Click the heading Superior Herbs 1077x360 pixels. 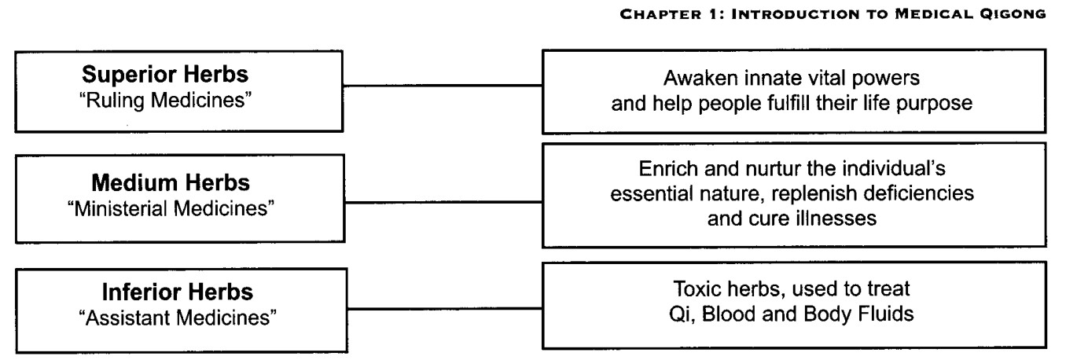pos(165,75)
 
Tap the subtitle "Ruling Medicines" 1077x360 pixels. pos(165,101)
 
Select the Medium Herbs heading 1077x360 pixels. pos(171,182)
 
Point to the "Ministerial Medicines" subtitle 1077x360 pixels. pos(171,208)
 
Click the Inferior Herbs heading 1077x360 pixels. pos(178,292)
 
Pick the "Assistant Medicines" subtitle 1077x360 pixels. pos(178,318)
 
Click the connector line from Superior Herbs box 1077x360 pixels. pos(443,86)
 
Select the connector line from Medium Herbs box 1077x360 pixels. pos(443,202)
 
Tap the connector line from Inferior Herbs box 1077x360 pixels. pos(445,309)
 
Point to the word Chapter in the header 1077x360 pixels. pos(660,14)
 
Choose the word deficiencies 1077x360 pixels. pos(919,193)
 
